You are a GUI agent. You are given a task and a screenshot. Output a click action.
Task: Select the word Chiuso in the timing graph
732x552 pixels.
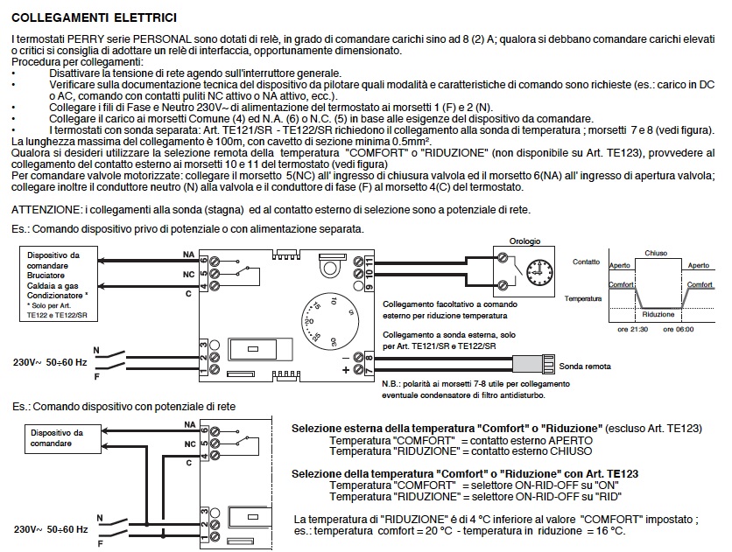[x=657, y=252]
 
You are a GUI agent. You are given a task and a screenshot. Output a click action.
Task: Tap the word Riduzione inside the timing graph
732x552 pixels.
[x=658, y=312]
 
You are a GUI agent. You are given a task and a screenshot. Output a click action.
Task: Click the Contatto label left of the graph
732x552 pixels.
[x=587, y=262]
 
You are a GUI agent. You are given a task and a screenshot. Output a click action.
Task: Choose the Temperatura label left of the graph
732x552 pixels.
[x=585, y=298]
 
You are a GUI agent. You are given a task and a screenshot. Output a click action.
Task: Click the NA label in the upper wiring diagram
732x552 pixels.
[x=188, y=254]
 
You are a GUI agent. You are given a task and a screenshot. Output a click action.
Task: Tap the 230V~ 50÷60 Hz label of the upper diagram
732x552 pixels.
[x=49, y=361]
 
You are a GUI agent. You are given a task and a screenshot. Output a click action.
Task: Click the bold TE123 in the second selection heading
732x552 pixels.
[x=622, y=472]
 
